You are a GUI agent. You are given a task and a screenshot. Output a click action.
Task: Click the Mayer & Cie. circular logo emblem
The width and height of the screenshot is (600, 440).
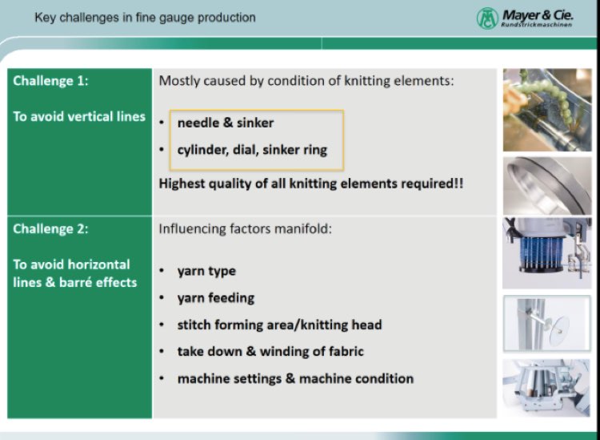[x=487, y=18]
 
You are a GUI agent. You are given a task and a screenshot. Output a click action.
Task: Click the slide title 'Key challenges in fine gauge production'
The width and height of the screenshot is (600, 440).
[x=145, y=18]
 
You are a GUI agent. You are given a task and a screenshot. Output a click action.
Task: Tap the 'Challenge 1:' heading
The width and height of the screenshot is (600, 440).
[x=50, y=81]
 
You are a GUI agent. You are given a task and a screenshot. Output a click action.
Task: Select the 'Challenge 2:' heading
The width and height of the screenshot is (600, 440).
[x=50, y=228]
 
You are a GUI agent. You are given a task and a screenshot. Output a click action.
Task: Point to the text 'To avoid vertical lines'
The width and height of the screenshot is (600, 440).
[x=79, y=116]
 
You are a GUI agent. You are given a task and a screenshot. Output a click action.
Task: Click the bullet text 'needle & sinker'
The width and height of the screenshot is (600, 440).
[x=226, y=123]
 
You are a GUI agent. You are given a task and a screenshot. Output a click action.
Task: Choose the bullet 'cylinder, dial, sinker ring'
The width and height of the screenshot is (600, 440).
[x=252, y=150]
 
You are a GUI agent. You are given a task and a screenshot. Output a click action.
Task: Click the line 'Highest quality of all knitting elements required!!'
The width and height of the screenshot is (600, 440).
[x=311, y=184]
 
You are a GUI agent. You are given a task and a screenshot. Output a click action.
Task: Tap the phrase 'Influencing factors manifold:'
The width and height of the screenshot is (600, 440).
[x=246, y=228]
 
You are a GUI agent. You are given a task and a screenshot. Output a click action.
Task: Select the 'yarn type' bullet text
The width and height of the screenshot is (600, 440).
[x=206, y=271]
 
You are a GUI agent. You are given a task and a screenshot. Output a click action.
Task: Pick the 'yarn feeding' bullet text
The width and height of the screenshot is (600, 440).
[x=216, y=298]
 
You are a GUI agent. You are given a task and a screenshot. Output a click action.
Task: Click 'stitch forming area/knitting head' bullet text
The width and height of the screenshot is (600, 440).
[x=280, y=325]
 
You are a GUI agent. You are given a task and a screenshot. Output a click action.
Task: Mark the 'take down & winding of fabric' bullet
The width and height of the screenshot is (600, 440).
[x=270, y=352]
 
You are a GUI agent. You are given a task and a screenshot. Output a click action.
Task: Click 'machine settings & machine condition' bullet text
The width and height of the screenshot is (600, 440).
[x=295, y=378]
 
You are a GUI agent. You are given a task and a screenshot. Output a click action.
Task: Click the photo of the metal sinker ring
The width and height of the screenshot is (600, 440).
[x=547, y=185]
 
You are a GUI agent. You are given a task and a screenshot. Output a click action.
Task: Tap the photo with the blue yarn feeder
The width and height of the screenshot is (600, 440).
[x=547, y=253]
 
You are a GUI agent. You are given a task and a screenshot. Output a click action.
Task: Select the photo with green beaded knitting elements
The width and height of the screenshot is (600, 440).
[x=547, y=110]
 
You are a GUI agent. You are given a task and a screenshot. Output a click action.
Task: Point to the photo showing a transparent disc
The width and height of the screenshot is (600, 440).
[x=547, y=324]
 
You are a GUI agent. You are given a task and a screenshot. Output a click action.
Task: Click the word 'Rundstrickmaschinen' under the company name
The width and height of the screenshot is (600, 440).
[x=537, y=25]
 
